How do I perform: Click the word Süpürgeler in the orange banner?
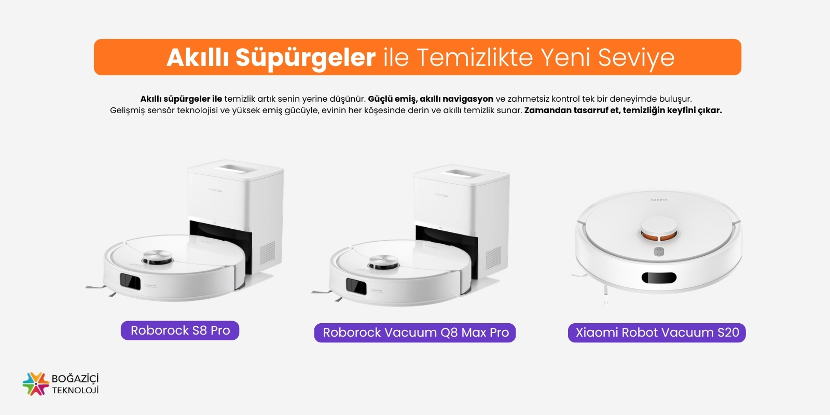coord(306,58)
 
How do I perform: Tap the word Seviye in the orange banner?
coord(636,58)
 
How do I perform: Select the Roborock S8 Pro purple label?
coord(180,330)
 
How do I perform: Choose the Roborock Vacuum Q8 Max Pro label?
coord(415,333)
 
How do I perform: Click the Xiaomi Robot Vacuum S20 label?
coord(657,333)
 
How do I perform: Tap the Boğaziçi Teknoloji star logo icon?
coord(36,384)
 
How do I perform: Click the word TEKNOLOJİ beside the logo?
coord(75,390)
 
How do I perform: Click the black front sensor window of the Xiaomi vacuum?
coord(659,278)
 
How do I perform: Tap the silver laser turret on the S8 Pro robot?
coord(158,256)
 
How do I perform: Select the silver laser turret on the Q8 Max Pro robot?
coord(383,261)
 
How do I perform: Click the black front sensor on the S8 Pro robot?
coord(130,282)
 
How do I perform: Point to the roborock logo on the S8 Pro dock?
coord(215,190)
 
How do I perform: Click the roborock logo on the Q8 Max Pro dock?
coord(441,195)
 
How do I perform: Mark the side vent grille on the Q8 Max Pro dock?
coord(493,257)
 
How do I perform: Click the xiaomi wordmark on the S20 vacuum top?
coord(659,200)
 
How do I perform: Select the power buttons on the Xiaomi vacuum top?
coord(659,252)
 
